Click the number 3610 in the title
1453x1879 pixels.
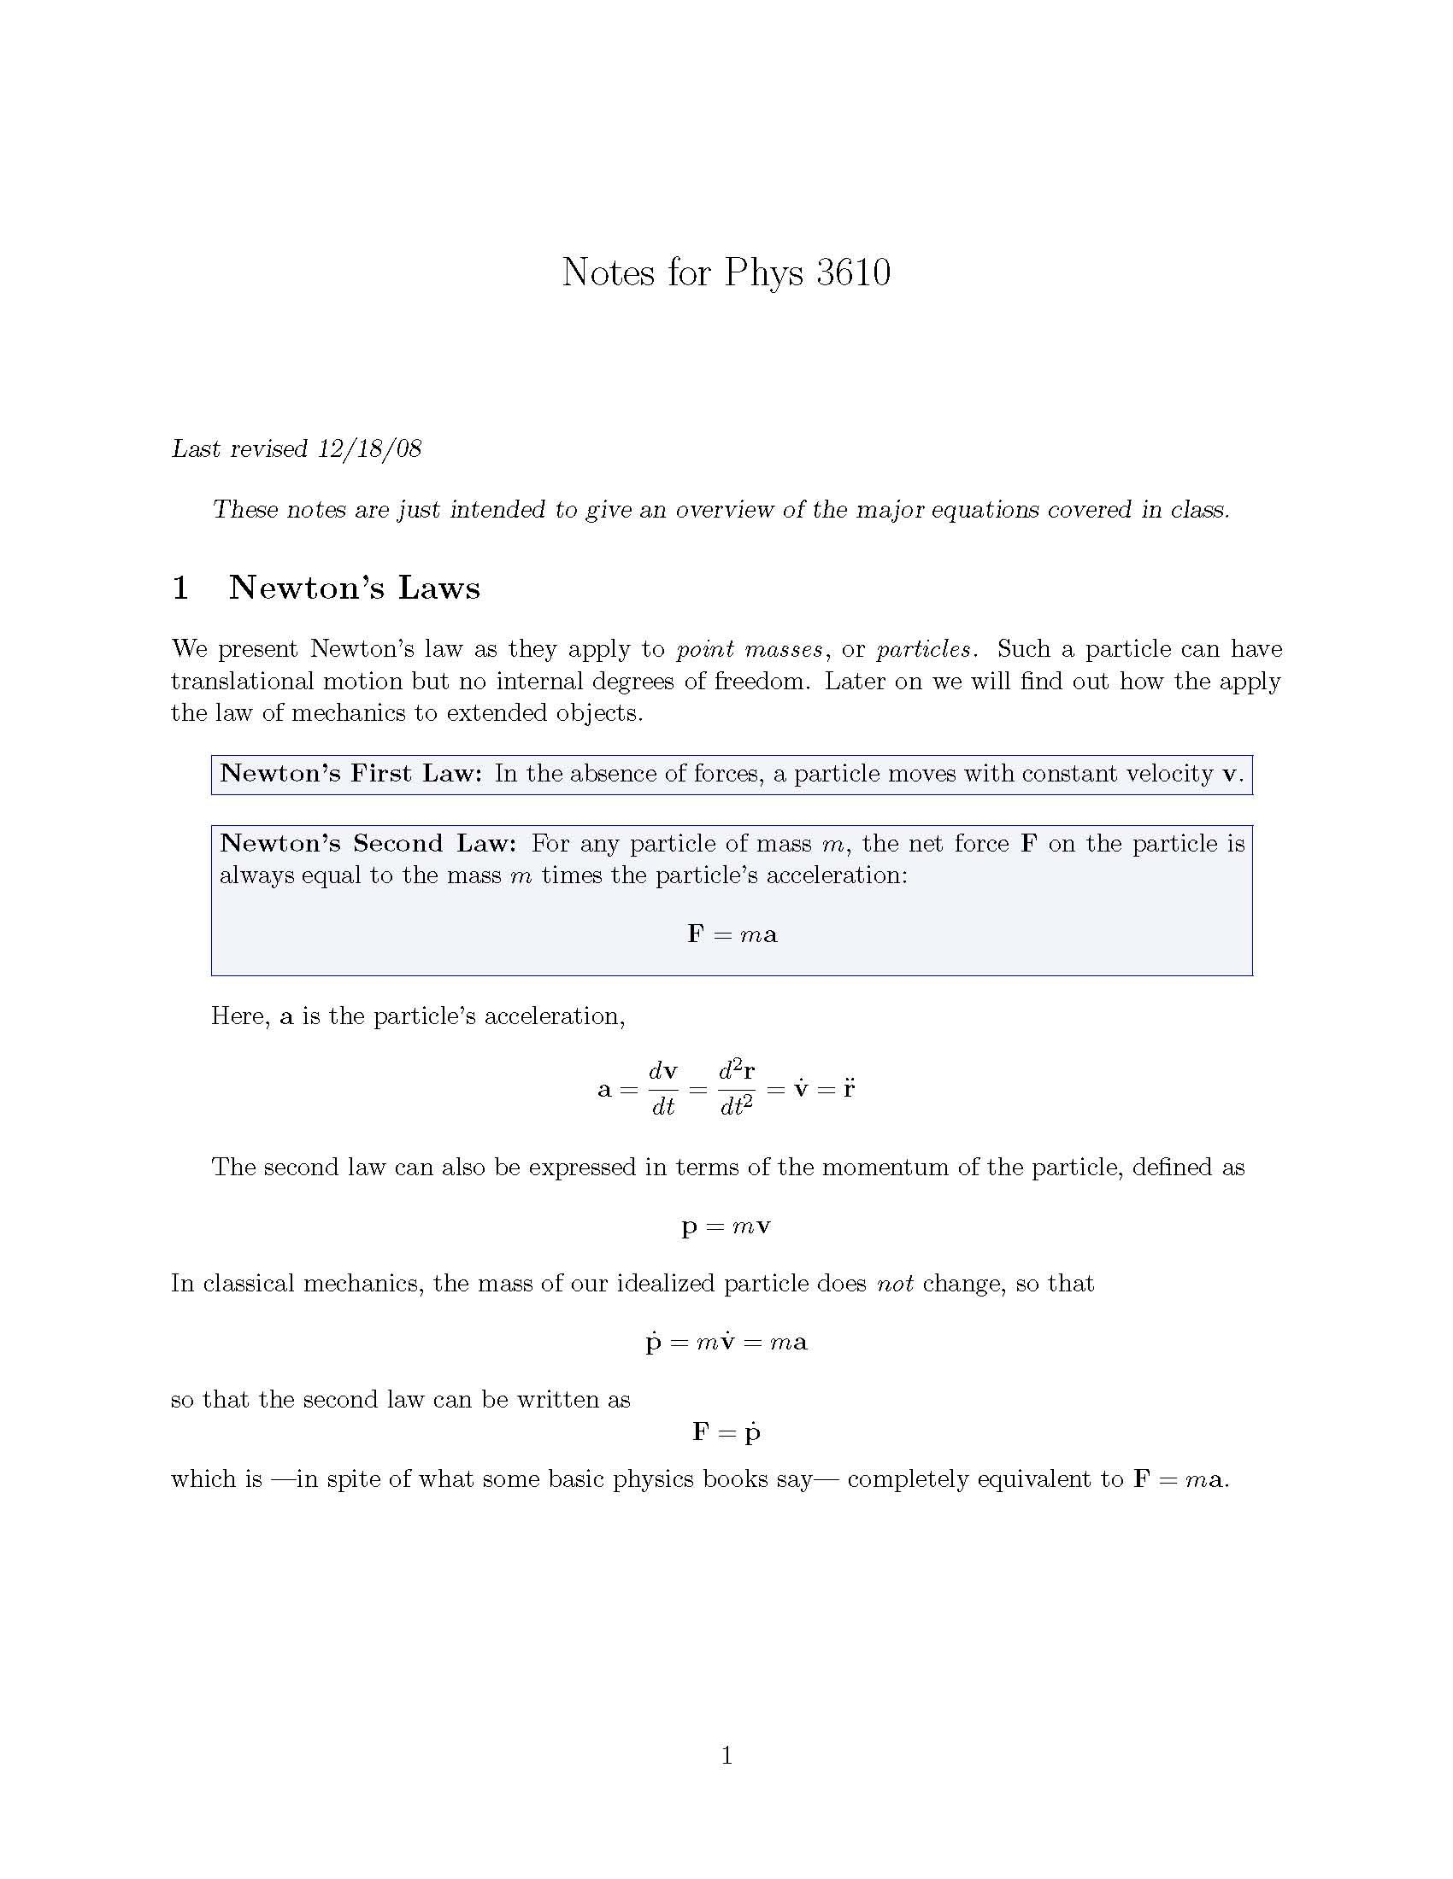click(x=853, y=272)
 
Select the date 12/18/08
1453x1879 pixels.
click(x=369, y=449)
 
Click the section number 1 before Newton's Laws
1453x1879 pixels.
click(x=180, y=588)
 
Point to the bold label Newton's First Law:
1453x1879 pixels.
click(x=350, y=774)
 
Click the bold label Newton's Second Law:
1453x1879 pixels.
click(x=368, y=843)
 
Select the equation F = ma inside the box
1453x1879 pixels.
click(x=732, y=934)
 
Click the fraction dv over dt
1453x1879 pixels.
click(x=662, y=1089)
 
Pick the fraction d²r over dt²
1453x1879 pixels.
click(x=737, y=1089)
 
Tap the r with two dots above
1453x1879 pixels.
click(x=849, y=1087)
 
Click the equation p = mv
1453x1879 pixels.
click(x=726, y=1226)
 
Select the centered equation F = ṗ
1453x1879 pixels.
click(x=726, y=1431)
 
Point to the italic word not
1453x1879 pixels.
click(x=894, y=1284)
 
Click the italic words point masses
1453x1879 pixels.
click(x=749, y=649)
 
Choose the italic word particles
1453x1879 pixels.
click(x=924, y=649)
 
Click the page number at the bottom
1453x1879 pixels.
click(x=726, y=1755)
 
